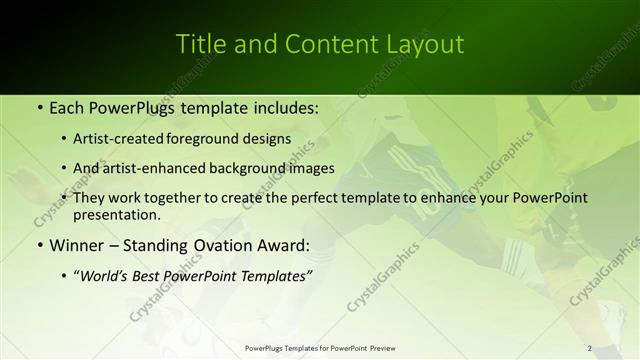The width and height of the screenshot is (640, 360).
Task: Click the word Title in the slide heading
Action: pyautogui.click(x=200, y=44)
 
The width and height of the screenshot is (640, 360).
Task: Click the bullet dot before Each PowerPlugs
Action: pyautogui.click(x=38, y=106)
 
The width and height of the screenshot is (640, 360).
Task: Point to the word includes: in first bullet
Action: pyautogui.click(x=280, y=106)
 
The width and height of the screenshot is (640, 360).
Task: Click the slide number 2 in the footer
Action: pyautogui.click(x=590, y=348)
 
